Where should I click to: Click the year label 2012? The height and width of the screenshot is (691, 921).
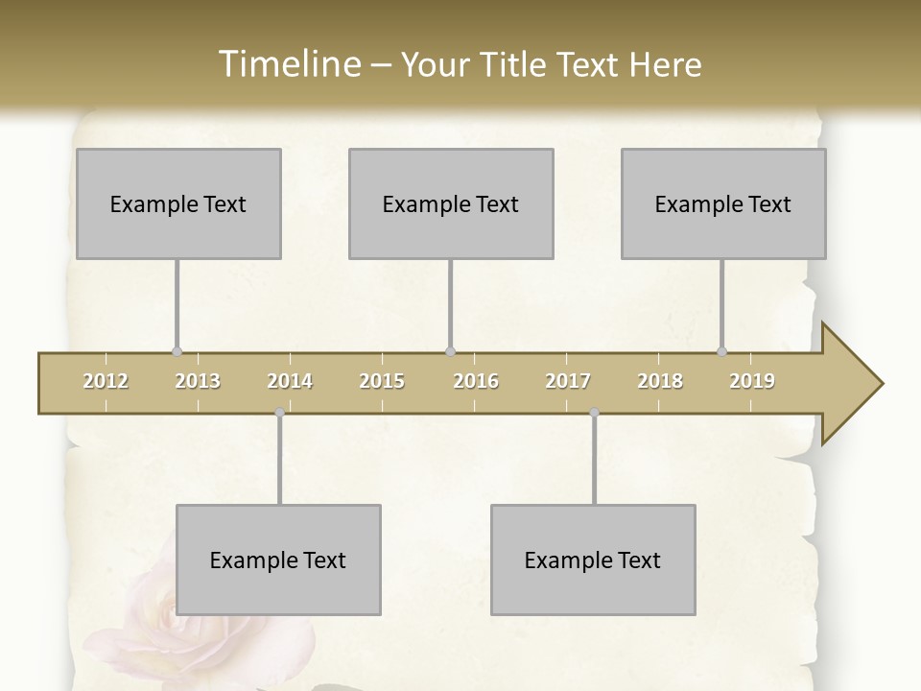(106, 381)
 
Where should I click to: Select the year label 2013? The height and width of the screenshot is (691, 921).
(198, 381)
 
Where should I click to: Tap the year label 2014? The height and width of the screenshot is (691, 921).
(290, 381)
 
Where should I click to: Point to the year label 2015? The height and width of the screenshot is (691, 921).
(382, 381)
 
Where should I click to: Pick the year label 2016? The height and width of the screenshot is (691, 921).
(476, 381)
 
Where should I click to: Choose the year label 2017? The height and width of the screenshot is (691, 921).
(568, 381)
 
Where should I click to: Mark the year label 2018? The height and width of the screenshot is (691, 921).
(660, 381)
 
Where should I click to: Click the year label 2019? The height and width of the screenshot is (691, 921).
(752, 381)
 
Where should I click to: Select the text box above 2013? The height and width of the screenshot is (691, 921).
(178, 203)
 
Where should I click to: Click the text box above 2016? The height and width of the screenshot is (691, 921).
(451, 203)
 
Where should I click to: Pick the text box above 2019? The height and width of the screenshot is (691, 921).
(723, 203)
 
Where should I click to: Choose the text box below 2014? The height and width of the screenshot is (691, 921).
(278, 560)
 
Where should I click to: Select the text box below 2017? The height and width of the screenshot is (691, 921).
(593, 560)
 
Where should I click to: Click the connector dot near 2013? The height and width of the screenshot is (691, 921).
(177, 352)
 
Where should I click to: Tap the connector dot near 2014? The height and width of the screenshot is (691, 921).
(279, 413)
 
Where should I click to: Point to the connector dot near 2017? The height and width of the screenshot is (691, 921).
(594, 413)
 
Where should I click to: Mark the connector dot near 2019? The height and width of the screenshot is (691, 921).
(722, 352)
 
